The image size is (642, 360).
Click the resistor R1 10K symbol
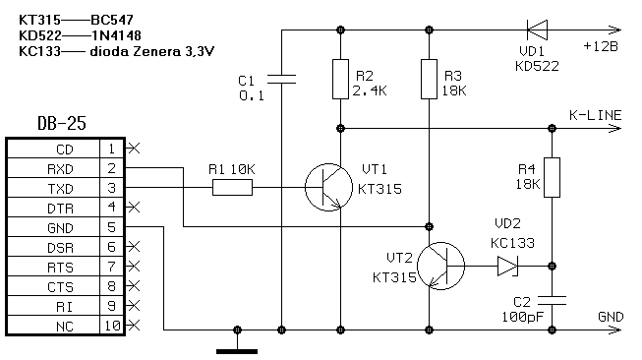pyautogui.click(x=232, y=188)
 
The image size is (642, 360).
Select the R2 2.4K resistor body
pyautogui.click(x=340, y=79)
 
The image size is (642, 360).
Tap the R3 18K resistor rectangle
pyautogui.click(x=429, y=79)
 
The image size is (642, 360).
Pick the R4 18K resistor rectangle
pyautogui.click(x=552, y=177)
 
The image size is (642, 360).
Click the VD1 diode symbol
pyautogui.click(x=537, y=30)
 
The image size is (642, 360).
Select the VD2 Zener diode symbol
pyautogui.click(x=507, y=267)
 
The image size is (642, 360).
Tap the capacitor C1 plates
pyautogui.click(x=281, y=79)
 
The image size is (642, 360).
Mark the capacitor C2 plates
pyautogui.click(x=552, y=301)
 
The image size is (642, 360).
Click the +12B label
pyautogui.click(x=601, y=46)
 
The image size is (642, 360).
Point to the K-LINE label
pyautogui.click(x=596, y=115)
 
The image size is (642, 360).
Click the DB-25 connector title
pyautogui.click(x=62, y=123)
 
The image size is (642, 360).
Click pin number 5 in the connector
pyautogui.click(x=112, y=227)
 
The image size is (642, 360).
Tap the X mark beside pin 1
pyautogui.click(x=134, y=149)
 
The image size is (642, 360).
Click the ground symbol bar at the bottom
pyautogui.click(x=237, y=351)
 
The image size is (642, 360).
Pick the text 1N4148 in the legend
pyautogui.click(x=116, y=35)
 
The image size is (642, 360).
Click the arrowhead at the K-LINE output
pyautogui.click(x=615, y=129)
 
